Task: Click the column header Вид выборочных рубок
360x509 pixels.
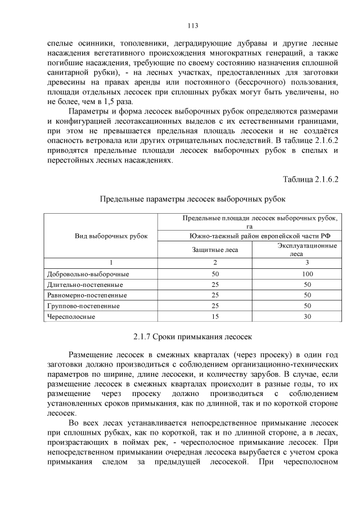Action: tap(111, 236)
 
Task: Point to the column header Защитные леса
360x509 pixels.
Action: tap(214, 250)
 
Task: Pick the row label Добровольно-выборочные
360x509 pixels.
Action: tap(89, 274)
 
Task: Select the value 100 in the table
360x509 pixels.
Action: tap(307, 274)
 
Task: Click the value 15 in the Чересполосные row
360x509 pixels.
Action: tap(214, 317)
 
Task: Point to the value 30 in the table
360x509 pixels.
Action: tap(307, 317)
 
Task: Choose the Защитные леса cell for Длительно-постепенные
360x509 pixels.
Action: tap(214, 285)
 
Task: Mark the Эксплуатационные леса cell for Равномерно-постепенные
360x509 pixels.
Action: tap(307, 295)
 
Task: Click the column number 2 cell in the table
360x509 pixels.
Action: tap(214, 263)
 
